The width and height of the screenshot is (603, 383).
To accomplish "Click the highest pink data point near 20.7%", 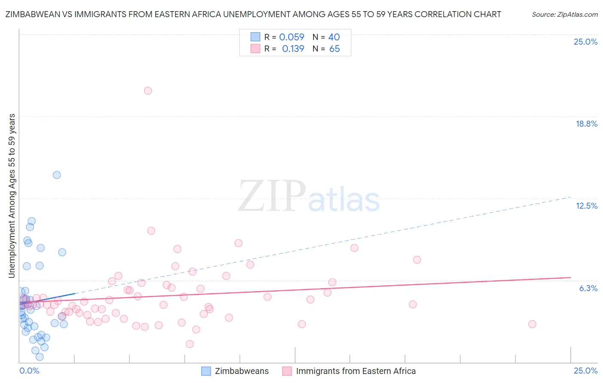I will click(x=148, y=91).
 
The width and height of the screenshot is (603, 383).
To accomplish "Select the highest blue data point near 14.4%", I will click(x=57, y=175).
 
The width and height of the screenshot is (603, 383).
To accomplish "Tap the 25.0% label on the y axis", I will click(x=585, y=42).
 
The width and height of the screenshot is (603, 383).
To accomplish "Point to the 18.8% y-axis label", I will click(x=586, y=124).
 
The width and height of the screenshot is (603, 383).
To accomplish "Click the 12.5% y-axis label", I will click(x=586, y=206).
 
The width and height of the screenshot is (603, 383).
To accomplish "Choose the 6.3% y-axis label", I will click(x=588, y=288).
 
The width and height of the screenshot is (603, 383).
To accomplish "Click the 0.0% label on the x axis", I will click(x=30, y=371).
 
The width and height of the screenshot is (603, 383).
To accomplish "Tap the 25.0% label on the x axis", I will click(x=585, y=371).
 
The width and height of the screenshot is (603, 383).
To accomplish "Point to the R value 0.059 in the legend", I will click(x=292, y=37).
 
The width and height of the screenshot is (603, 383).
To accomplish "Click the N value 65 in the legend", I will click(x=335, y=49).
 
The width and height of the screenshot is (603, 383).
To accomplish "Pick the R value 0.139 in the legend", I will click(x=293, y=49).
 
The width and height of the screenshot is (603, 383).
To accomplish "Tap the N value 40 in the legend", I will click(x=334, y=37).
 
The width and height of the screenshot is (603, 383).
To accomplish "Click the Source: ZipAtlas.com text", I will click(x=564, y=14).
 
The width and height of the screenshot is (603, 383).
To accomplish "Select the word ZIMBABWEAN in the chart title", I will click(x=31, y=14).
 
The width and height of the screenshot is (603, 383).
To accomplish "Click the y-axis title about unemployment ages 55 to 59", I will click(x=12, y=195).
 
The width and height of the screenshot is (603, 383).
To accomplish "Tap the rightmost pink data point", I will click(x=532, y=324).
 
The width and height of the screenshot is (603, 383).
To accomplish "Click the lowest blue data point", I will click(x=39, y=357).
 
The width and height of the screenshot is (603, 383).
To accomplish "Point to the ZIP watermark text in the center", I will click(x=271, y=196).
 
